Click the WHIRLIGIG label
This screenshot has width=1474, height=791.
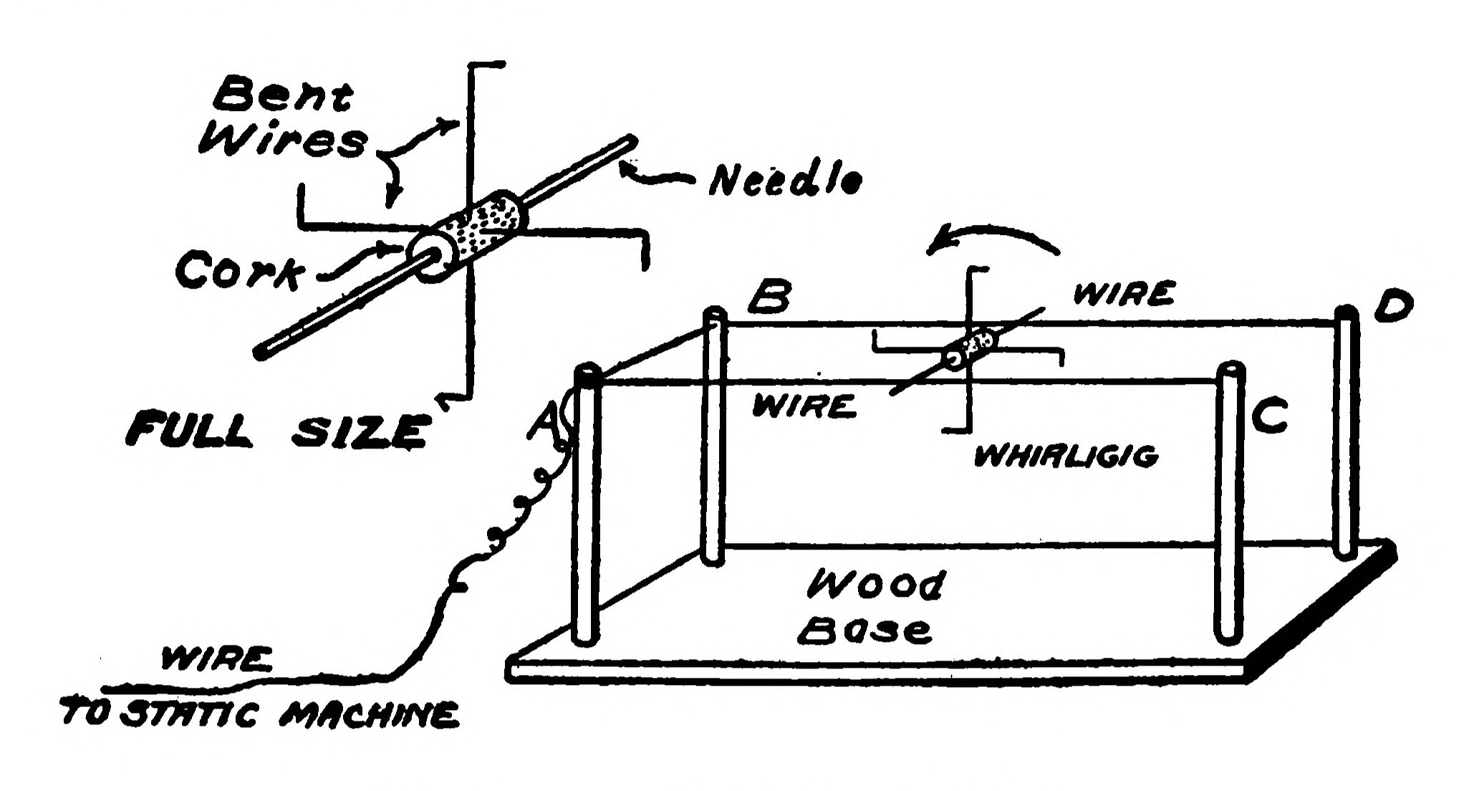coord(1066,456)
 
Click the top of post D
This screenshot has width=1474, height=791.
coord(1347,312)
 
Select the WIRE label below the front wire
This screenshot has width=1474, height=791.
coord(804,407)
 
